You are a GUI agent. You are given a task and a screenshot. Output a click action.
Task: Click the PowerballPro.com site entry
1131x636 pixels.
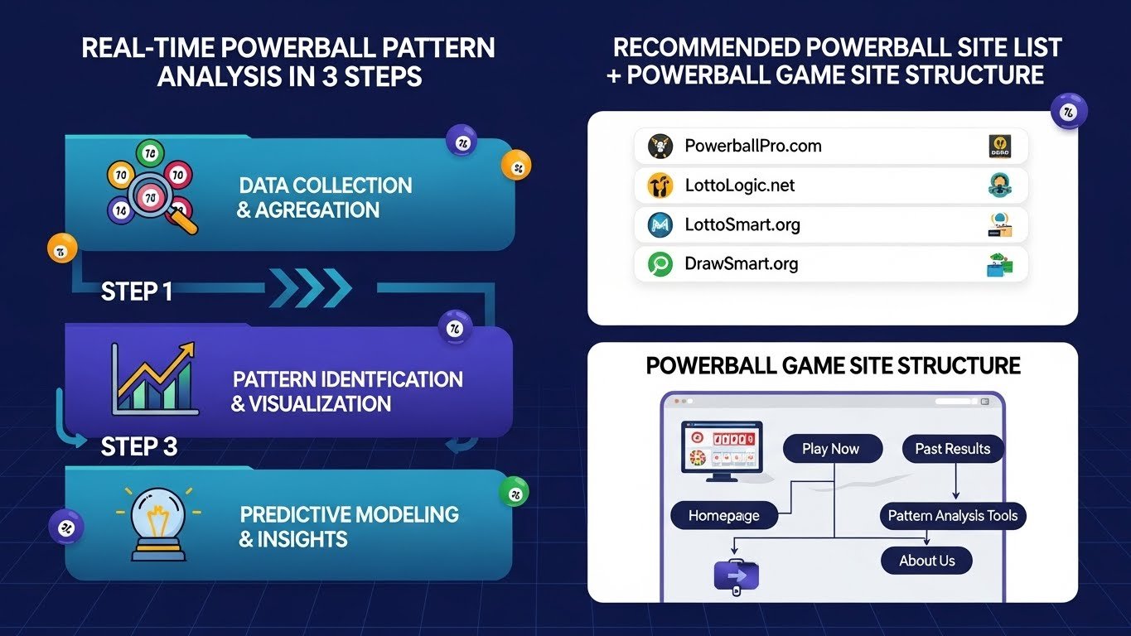[x=753, y=146]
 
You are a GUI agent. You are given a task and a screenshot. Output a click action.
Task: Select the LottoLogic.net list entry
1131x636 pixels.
[x=740, y=185]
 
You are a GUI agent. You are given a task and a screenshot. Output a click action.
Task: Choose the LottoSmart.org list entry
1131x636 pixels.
[x=742, y=224]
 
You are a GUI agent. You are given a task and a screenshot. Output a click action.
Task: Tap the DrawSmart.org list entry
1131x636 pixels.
[x=742, y=264]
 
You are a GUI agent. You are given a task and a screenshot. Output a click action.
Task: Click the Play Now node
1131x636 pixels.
[x=830, y=449]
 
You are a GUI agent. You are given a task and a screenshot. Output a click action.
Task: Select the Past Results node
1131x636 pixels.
[x=952, y=449]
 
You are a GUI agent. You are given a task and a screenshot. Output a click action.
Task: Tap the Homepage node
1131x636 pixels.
[x=723, y=515]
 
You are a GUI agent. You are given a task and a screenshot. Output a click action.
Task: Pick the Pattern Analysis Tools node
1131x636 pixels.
[x=952, y=515]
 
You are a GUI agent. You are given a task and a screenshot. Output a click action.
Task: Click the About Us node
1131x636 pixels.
[x=926, y=561]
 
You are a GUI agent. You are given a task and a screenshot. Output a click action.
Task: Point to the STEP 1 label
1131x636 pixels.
[x=137, y=291]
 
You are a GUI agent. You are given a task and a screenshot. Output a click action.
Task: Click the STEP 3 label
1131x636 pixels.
[x=139, y=447]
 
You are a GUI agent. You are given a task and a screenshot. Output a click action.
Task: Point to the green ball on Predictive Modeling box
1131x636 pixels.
[x=514, y=494]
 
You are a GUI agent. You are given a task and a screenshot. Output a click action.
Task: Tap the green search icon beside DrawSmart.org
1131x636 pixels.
[x=659, y=264]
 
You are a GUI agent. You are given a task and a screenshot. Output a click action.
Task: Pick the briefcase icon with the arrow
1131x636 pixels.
[x=736, y=575]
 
